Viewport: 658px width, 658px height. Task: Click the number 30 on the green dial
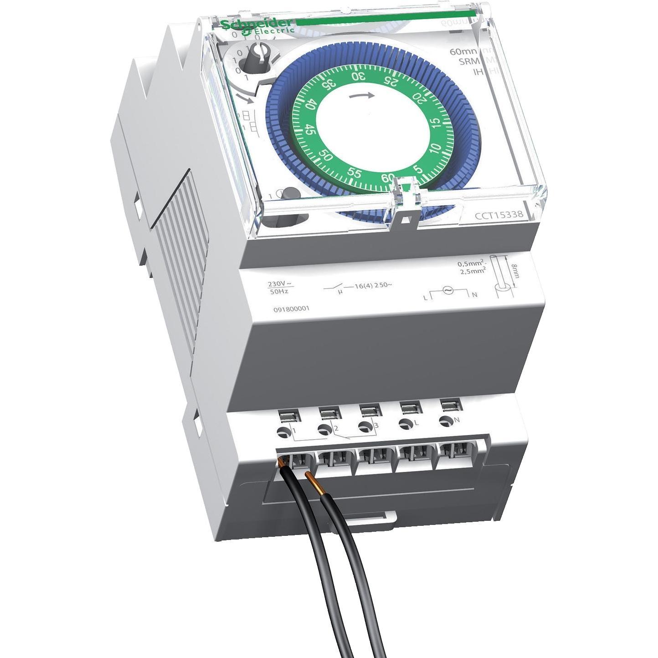(x=359, y=76)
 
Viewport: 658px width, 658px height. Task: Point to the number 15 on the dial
(x=436, y=123)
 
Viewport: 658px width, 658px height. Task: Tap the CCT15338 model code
(x=499, y=215)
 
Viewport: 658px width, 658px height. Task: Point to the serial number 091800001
(x=291, y=308)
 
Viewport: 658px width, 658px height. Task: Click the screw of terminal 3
(x=364, y=427)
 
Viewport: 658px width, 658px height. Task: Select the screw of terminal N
(x=444, y=422)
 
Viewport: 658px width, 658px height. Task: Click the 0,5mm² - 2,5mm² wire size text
(x=472, y=267)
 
